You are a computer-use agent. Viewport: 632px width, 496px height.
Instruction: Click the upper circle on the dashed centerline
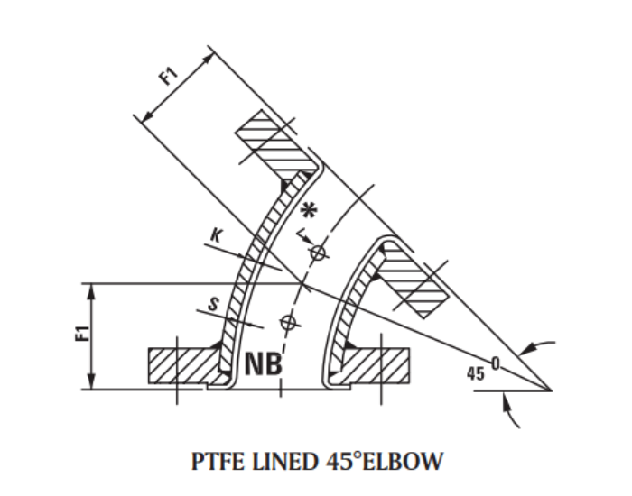318,254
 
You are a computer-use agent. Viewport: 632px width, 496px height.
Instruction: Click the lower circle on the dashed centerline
288,320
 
